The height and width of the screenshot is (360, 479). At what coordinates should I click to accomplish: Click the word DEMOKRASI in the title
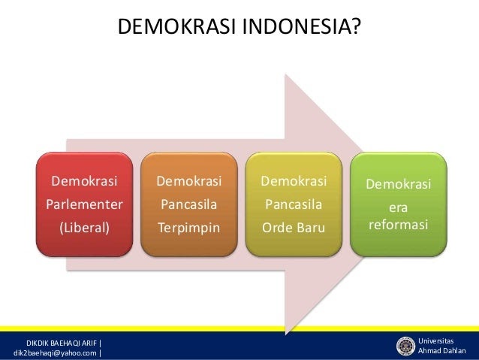point(176,26)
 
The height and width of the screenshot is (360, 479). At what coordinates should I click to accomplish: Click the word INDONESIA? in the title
point(302,26)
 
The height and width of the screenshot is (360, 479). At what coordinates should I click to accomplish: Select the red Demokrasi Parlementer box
point(84,204)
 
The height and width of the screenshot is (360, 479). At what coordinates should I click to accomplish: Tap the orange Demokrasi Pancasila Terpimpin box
point(189,204)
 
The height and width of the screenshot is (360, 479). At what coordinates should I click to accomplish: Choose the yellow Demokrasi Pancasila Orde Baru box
point(294,204)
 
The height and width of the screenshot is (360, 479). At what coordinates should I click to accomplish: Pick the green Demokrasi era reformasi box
point(399,204)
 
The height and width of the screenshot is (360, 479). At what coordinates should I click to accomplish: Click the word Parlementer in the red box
point(84,204)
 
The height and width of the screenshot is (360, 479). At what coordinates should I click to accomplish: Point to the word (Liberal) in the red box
point(85,228)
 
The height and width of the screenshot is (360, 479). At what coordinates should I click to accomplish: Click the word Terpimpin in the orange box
point(189,228)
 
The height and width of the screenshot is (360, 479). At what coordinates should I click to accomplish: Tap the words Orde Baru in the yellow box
point(294,228)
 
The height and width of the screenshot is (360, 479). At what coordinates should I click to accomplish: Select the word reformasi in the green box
point(399,225)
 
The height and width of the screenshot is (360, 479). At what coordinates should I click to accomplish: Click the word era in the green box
point(399,208)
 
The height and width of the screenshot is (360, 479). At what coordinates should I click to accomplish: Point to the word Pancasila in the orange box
point(189,204)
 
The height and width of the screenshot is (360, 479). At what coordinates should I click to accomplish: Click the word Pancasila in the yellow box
point(294,204)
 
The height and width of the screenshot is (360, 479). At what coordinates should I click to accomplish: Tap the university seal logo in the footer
point(405,346)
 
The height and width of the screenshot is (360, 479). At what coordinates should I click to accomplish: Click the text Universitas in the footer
point(436,340)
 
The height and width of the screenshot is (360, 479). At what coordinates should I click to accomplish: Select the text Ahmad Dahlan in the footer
point(442,350)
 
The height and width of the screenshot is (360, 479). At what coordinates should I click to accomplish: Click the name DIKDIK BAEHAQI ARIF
point(62,343)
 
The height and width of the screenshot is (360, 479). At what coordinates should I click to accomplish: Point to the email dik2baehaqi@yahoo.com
point(55,353)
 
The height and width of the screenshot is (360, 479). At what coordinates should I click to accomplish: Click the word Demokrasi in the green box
point(399,184)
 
